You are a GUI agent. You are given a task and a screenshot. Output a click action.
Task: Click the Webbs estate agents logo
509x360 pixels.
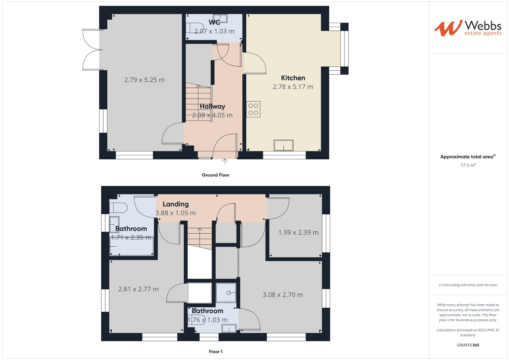point(468,28)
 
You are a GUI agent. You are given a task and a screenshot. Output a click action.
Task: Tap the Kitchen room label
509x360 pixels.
point(293,78)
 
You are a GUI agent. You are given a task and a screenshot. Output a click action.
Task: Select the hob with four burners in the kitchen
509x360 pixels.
point(253,109)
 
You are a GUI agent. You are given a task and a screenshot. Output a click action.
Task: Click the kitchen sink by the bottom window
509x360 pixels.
point(283,146)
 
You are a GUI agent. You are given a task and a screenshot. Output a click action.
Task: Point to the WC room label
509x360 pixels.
point(214,22)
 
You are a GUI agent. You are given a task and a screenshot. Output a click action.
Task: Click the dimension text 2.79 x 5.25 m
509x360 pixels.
point(144,80)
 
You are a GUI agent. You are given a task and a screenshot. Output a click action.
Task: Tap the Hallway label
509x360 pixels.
point(212,107)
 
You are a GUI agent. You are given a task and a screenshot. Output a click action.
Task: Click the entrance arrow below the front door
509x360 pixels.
point(225,162)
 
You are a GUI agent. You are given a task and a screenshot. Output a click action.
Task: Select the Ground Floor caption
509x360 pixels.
point(215,175)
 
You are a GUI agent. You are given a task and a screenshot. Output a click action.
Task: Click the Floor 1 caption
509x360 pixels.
point(215,352)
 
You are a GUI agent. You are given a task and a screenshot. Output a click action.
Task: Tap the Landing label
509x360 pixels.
point(175,204)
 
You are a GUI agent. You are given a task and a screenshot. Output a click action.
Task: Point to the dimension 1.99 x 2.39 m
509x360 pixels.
point(298,232)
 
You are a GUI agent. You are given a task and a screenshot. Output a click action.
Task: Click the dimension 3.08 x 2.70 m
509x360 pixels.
point(283,295)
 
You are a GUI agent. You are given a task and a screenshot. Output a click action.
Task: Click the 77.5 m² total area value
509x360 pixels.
point(468,165)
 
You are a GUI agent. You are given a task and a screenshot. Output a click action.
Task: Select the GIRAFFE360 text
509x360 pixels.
point(468,345)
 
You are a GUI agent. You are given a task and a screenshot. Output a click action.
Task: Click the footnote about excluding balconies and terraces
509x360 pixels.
point(468,285)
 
